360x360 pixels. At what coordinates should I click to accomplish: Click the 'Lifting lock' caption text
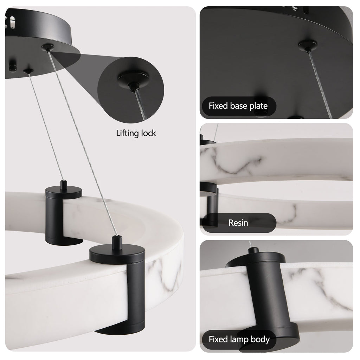pos(136,133)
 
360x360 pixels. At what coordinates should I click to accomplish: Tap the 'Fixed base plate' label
pos(238,106)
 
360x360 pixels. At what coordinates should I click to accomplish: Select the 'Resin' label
pos(238,223)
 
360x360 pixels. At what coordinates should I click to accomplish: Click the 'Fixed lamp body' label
pos(239,339)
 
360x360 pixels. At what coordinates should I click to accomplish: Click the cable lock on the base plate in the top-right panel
pos(307,45)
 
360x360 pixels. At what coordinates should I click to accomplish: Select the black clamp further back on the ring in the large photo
pos(63,214)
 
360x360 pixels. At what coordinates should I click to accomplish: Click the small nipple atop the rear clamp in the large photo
pos(63,184)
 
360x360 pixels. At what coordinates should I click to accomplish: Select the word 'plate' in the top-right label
pos(258,106)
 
